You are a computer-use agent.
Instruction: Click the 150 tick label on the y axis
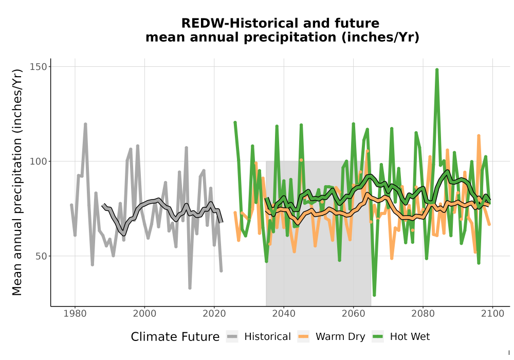[x=39, y=66]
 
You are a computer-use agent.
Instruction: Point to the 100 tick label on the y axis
[x=39, y=161]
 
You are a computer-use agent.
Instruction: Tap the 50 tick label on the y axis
[x=41, y=256]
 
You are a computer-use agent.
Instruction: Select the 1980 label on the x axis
[x=75, y=314]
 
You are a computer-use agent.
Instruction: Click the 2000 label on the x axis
[x=144, y=314]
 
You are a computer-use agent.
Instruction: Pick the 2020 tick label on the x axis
[x=214, y=314]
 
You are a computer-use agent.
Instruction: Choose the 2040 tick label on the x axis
[x=284, y=314]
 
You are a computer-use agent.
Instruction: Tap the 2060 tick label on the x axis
[x=354, y=314]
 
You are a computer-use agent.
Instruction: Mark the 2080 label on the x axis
[x=423, y=314]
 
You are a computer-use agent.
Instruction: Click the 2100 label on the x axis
[x=492, y=314]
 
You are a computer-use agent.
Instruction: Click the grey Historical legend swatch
[x=232, y=337]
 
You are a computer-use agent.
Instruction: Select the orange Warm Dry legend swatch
[x=303, y=337]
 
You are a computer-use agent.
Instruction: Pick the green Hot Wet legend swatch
[x=378, y=337]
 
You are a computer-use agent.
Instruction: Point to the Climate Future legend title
[x=175, y=337]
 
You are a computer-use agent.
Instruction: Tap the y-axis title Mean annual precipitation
[x=17, y=182]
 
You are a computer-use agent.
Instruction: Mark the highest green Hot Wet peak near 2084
[x=437, y=70]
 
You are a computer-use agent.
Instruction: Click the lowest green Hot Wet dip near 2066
[x=374, y=295]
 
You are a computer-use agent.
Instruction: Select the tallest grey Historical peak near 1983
[x=85, y=124]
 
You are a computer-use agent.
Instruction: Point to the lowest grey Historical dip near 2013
[x=190, y=287]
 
